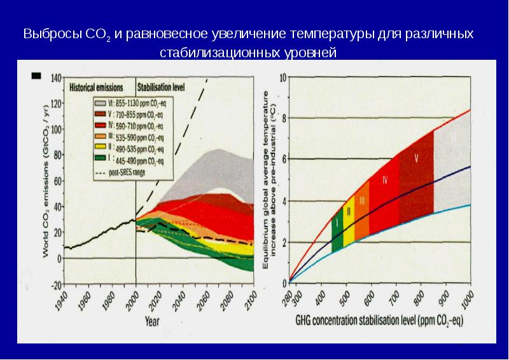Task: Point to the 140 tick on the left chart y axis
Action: click(x=56, y=78)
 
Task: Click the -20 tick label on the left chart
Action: click(x=56, y=284)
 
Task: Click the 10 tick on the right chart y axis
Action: click(x=283, y=77)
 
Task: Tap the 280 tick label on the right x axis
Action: click(x=288, y=297)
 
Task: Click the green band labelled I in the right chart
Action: click(x=337, y=230)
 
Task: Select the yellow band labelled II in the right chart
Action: click(x=349, y=219)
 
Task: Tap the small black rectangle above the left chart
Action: click(x=36, y=76)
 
